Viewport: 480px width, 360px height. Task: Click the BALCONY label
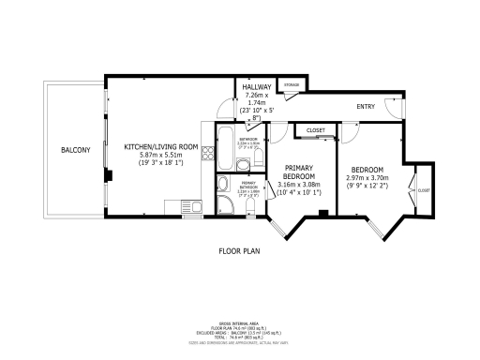click(x=76, y=150)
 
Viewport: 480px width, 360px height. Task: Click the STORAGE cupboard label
click(x=292, y=86)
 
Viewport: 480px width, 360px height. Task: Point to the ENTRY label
click(x=366, y=106)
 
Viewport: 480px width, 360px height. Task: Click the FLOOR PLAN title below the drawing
click(x=238, y=250)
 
